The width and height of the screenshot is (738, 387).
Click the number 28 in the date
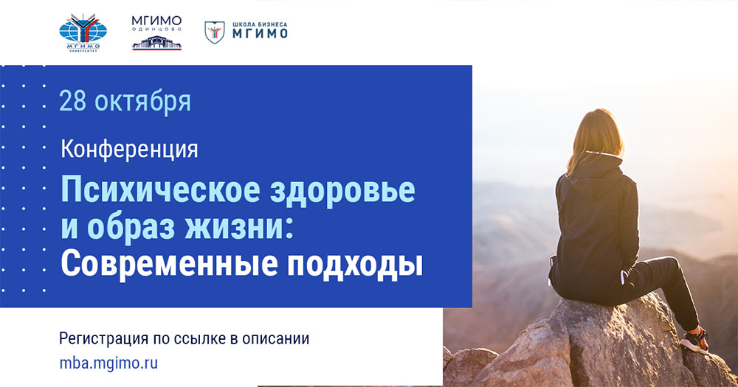point(72,102)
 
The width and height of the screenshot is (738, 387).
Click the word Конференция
point(129,150)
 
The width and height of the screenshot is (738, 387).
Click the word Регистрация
point(103,338)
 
